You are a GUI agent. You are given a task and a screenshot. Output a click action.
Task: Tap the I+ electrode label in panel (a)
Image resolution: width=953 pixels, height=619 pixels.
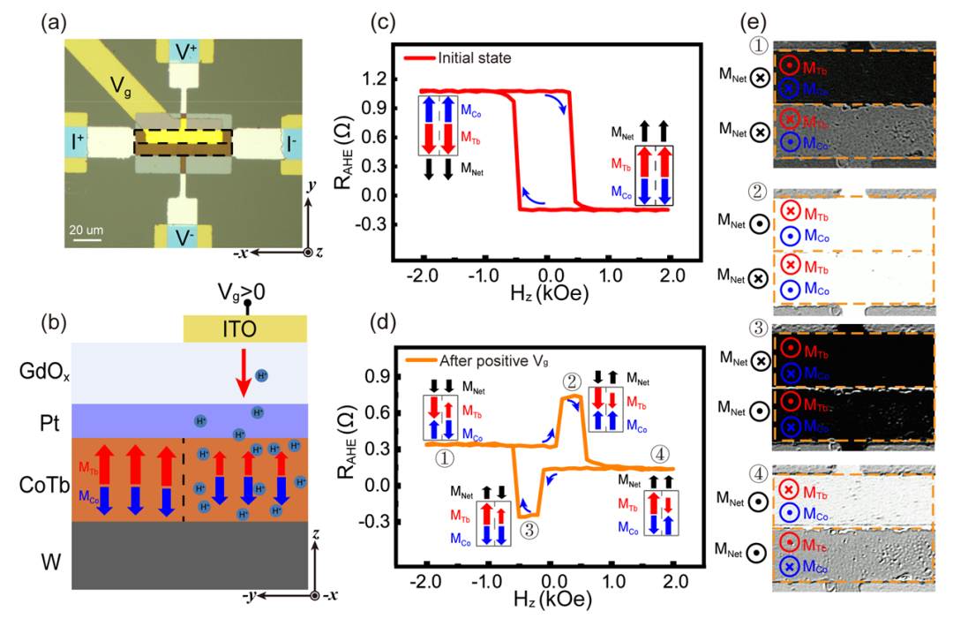click(78, 139)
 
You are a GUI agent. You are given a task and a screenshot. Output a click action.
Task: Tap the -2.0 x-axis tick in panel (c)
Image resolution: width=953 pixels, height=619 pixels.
click(426, 276)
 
